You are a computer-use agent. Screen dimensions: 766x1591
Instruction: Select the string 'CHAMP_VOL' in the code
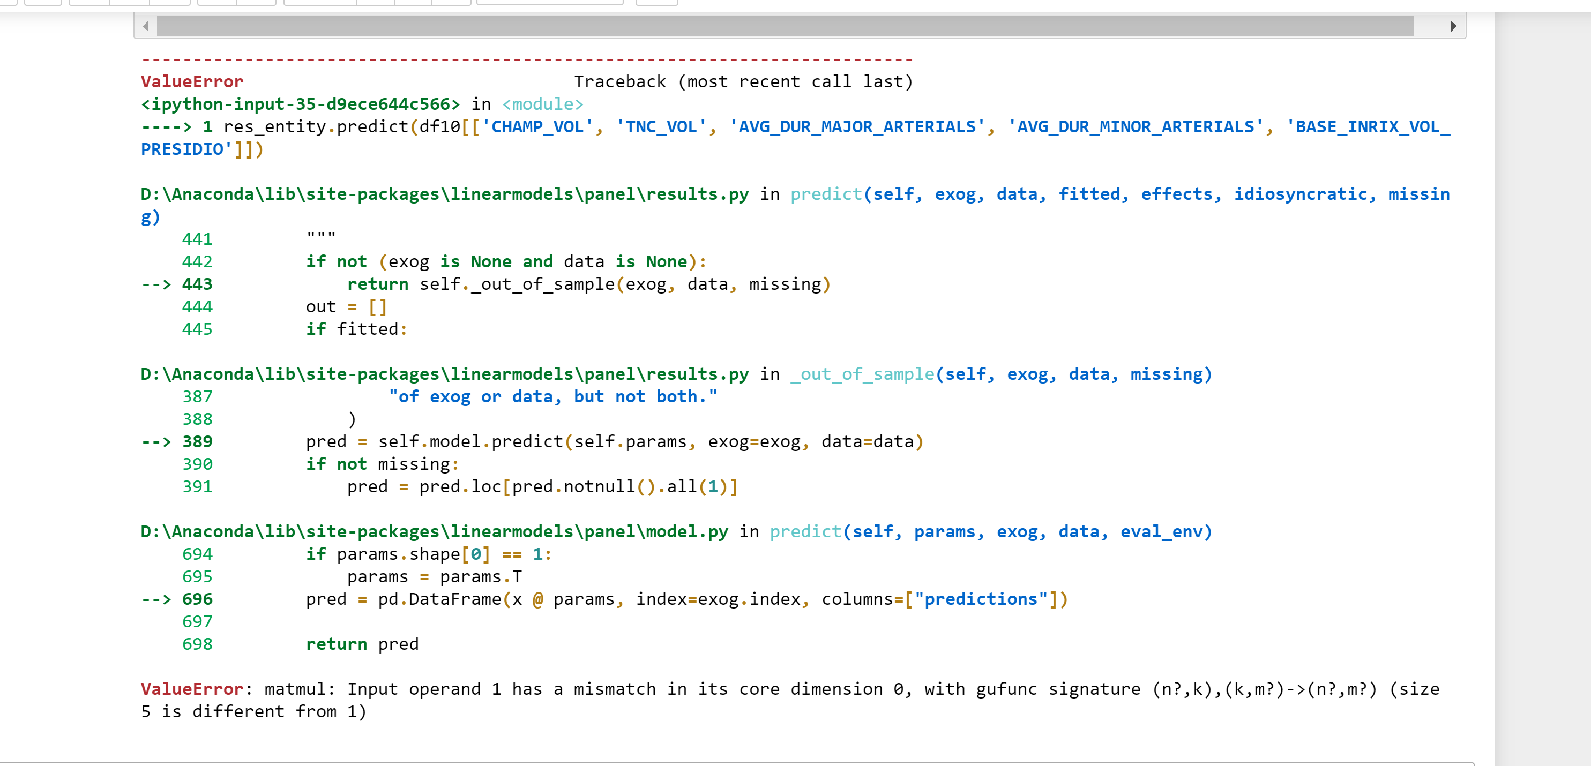coord(537,127)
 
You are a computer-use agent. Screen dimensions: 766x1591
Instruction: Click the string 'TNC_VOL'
coord(661,127)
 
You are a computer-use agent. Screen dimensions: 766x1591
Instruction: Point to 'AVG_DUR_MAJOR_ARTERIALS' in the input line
coord(857,127)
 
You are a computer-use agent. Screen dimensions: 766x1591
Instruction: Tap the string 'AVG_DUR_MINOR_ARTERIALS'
coord(1136,127)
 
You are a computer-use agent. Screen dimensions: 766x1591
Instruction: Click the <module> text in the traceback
coord(542,104)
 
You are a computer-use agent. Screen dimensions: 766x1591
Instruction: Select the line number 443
coord(197,284)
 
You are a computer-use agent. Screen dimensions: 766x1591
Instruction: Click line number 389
coord(197,442)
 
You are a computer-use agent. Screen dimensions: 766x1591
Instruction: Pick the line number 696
coord(197,599)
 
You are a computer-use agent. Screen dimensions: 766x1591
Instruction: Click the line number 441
coord(197,239)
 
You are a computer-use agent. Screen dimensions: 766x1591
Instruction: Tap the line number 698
coord(197,644)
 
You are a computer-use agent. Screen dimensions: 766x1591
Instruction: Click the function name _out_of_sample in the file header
coord(862,374)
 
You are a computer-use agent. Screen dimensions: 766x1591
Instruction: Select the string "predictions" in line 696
coord(981,599)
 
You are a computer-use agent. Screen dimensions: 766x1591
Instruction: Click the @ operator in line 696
coord(537,599)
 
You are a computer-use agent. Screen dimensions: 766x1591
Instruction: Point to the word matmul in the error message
coord(295,689)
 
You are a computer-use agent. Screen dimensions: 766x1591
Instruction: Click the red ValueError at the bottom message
coord(192,689)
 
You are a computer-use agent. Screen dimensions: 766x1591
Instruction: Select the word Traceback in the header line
coord(620,82)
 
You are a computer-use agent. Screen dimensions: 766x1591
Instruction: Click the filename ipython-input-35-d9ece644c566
coord(301,104)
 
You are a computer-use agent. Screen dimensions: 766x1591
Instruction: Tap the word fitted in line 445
coord(368,329)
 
